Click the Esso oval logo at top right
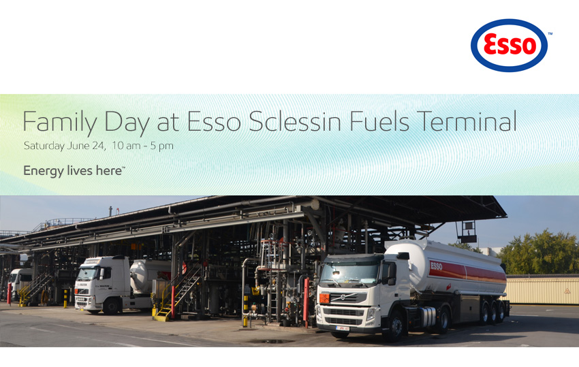[509, 45]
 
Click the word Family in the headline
[60, 123]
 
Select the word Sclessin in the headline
[295, 121]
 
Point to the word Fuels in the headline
[379, 121]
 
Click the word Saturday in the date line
[44, 146]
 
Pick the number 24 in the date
[99, 146]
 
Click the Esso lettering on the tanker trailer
[436, 266]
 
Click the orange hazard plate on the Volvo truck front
[324, 298]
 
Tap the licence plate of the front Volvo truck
[343, 328]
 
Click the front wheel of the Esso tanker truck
[395, 326]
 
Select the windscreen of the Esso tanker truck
[349, 275]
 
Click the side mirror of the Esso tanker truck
[392, 274]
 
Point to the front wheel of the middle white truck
[111, 306]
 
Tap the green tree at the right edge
[539, 252]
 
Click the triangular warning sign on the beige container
[567, 291]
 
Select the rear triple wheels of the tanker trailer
[492, 312]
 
